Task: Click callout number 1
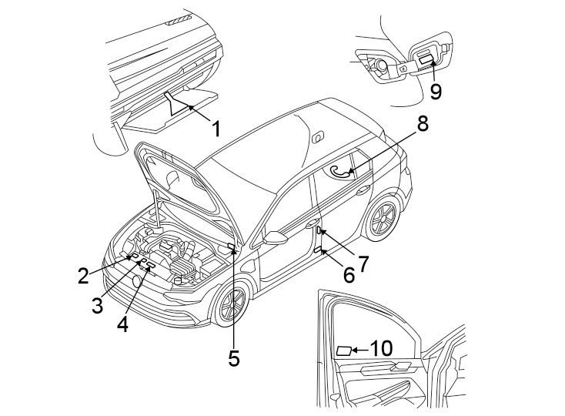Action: coord(216,128)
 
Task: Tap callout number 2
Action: coord(83,275)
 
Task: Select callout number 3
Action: coord(97,304)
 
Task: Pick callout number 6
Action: coord(349,274)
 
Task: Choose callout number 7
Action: coord(363,262)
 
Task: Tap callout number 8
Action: coord(423,123)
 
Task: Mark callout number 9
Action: coord(436,91)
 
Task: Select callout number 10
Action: coord(381,348)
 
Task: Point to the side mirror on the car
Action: coord(273,239)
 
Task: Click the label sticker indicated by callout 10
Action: coord(343,351)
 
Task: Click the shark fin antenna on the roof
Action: coord(316,136)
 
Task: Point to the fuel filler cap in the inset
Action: coord(380,66)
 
